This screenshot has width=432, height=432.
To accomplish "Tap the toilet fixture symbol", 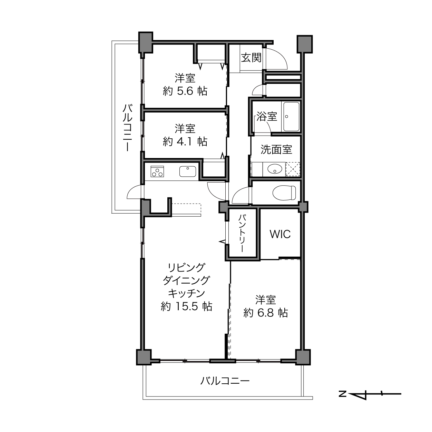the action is coord(284,193).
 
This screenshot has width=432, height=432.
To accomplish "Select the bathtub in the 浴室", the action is coord(291,117).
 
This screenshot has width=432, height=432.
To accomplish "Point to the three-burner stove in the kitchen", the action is coord(157,171).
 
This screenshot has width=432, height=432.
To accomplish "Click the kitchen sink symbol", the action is coord(188,171).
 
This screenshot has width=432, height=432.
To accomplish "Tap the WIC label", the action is coord(280,234).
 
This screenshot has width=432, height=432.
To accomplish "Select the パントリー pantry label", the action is coord(242,233).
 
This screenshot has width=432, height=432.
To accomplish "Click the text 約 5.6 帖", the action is coord(185,91).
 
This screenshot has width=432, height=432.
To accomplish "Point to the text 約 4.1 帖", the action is coord(185,141).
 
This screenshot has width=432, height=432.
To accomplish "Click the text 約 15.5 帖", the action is coord(187,306).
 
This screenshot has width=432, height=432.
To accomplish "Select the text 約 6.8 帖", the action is coord(266,313).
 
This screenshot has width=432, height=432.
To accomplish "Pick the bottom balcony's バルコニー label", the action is coord(225,381).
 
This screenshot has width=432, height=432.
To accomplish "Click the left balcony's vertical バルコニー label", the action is coord(127,128).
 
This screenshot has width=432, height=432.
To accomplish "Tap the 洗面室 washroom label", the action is coord(276,149).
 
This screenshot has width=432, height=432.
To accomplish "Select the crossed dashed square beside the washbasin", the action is coord(293,169).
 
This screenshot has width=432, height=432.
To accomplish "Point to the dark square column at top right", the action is coord(305,44).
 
